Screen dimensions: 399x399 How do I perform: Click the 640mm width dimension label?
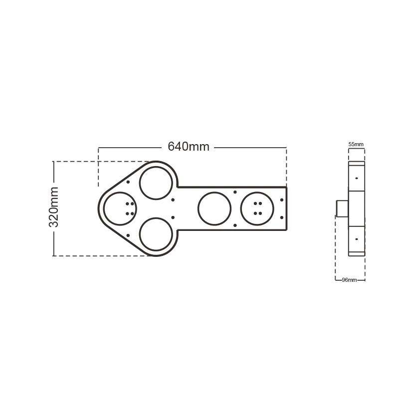click(188, 147)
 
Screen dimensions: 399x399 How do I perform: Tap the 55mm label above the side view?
click(356, 144)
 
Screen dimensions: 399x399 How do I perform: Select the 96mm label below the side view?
click(349, 280)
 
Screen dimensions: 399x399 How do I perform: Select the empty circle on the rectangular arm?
click(214, 208)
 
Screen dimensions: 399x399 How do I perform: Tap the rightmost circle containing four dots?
click(257, 208)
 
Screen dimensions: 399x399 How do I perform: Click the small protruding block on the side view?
click(342, 208)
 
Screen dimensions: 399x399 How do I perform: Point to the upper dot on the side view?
click(357, 178)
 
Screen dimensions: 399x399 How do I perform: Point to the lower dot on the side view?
click(357, 239)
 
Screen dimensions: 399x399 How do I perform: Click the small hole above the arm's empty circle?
click(235, 192)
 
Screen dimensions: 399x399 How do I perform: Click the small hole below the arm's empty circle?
click(235, 225)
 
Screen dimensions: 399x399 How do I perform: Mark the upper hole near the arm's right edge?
click(282, 200)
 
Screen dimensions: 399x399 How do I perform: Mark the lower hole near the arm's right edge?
click(282, 217)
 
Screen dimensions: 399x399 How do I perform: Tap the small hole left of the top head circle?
click(128, 183)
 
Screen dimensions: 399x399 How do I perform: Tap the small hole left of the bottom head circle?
click(128, 235)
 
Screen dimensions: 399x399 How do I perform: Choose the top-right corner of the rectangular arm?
click(287, 187)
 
